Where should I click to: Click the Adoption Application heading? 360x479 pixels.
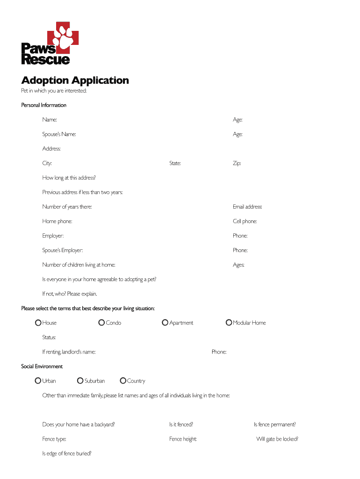point(75,80)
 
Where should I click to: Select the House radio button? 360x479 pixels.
point(38,323)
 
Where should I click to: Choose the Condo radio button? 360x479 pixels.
point(101,323)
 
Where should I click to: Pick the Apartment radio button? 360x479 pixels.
point(165,323)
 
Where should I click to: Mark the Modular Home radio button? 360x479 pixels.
point(229,323)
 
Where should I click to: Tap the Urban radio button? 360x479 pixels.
point(38,381)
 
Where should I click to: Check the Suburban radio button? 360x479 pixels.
point(80,381)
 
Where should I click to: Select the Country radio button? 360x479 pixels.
point(123,381)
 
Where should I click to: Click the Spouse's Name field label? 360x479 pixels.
point(59,134)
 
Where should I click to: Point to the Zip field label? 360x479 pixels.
point(237,163)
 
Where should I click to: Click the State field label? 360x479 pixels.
point(175,163)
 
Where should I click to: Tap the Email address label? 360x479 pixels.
point(247,207)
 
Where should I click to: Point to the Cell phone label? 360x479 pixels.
point(245,221)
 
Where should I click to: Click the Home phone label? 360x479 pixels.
point(57,221)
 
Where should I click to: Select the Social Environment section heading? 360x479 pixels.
point(42,366)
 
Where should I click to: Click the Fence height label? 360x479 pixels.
point(183,439)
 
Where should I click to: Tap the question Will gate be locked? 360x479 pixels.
point(277,439)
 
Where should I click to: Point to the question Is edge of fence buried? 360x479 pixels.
point(67,453)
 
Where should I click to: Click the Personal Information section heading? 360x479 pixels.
point(44,105)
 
